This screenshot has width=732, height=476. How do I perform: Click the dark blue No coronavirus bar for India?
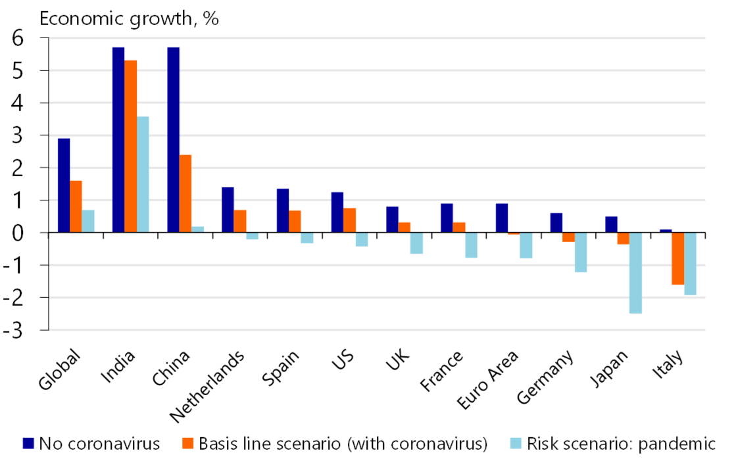[118, 139]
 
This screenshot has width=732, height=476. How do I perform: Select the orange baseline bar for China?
[185, 193]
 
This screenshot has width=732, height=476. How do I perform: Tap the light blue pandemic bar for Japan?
[635, 273]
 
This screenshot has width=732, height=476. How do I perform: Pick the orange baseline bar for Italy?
[677, 258]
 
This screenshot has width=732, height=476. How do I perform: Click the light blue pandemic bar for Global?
[88, 221]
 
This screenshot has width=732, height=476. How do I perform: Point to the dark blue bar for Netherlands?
[228, 210]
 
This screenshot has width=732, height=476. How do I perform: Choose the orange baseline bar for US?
[350, 220]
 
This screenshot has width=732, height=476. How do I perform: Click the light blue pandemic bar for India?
[143, 174]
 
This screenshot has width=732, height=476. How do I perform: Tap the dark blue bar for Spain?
[283, 210]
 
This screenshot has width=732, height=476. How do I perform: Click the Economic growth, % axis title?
[129, 18]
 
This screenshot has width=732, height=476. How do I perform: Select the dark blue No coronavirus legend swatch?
[28, 443]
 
